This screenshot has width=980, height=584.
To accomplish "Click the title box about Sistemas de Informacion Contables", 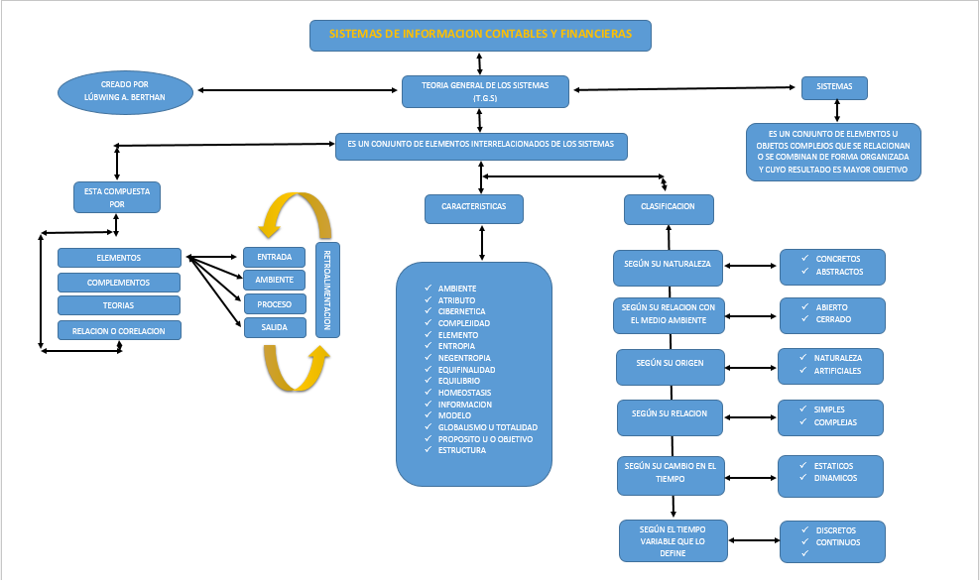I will click(x=480, y=35).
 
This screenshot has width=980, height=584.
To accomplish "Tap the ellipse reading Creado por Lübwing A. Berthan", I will click(x=125, y=91).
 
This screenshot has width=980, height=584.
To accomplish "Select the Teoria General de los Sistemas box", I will click(x=486, y=91).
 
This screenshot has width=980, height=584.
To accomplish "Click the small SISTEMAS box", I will click(x=834, y=87).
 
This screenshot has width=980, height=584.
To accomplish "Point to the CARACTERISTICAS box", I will click(x=480, y=207).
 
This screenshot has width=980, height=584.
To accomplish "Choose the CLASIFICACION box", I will click(x=669, y=207).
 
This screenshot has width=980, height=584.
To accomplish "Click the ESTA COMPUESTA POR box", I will click(x=117, y=196).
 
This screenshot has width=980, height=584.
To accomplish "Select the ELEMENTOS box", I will click(x=119, y=258).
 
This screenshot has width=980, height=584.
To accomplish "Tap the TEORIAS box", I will click(x=119, y=305).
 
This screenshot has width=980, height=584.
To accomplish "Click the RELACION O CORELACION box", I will click(x=119, y=330).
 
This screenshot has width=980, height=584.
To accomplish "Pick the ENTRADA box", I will click(x=274, y=257).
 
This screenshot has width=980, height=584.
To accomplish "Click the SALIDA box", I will click(x=274, y=328).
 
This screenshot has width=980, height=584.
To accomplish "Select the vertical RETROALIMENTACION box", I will click(x=327, y=290).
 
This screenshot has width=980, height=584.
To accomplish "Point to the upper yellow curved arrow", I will click(x=295, y=210).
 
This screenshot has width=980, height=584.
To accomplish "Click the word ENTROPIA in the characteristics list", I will click(x=456, y=346).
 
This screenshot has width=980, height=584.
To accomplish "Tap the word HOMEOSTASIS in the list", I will click(x=464, y=393).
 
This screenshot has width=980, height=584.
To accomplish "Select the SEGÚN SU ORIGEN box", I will click(x=671, y=364).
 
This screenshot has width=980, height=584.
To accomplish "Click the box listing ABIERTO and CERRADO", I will click(x=831, y=313).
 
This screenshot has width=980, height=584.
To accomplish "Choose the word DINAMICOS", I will click(x=836, y=478).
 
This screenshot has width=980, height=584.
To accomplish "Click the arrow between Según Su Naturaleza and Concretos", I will click(x=752, y=266).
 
